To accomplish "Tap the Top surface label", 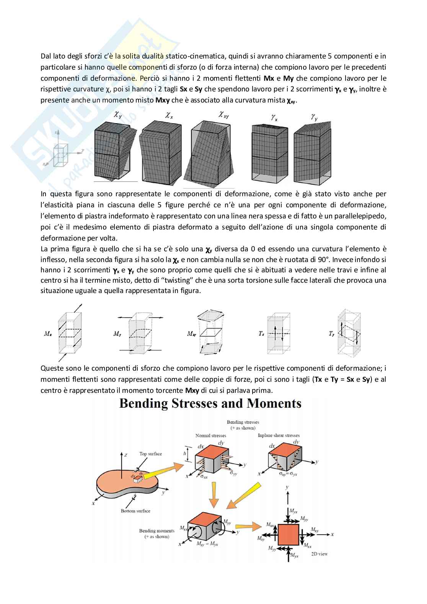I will coord(150,454).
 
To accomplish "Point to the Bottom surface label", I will coord(135,511).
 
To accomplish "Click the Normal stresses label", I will coord(210,435).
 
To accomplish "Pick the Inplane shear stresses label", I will coord(279,435).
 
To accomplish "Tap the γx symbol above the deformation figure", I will coord(274,118).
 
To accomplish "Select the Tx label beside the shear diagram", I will coord(261,334).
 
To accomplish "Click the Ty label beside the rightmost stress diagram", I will coord(331,334).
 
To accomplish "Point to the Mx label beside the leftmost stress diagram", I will coord(48,334).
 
